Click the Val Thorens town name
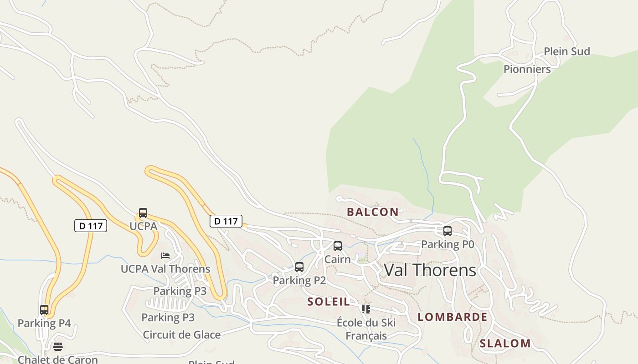pyautogui.click(x=430, y=270)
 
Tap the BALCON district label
pyautogui.click(x=373, y=212)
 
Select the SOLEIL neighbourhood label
pyautogui.click(x=329, y=301)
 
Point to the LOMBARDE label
pyautogui.click(x=453, y=317)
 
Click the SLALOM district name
pyautogui.click(x=505, y=344)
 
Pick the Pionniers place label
pyautogui.click(x=527, y=69)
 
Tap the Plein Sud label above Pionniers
pyautogui.click(x=567, y=51)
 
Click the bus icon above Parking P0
pyautogui.click(x=448, y=231)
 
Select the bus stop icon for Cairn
pyautogui.click(x=338, y=246)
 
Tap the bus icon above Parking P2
pyautogui.click(x=299, y=267)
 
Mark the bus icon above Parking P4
pyautogui.click(x=44, y=310)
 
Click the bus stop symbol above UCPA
pyautogui.click(x=143, y=213)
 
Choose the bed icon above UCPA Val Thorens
pyautogui.click(x=165, y=256)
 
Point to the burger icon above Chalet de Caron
pyautogui.click(x=58, y=347)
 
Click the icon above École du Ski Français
pyautogui.click(x=365, y=309)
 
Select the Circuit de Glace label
pyautogui.click(x=182, y=335)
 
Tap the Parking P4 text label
pyautogui.click(x=44, y=324)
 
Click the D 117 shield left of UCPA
pyautogui.click(x=91, y=226)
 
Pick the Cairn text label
pyautogui.click(x=338, y=259)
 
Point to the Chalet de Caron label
pyautogui.click(x=58, y=359)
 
